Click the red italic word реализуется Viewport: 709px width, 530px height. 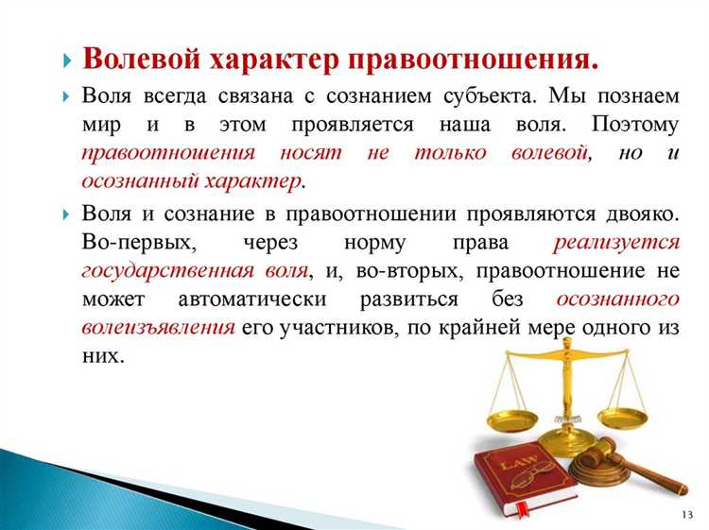(x=616, y=243)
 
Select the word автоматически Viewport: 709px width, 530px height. (x=250, y=299)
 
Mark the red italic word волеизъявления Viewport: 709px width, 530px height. (x=158, y=328)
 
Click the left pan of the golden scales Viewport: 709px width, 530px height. (x=509, y=416)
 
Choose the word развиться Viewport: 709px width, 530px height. (x=433, y=299)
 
